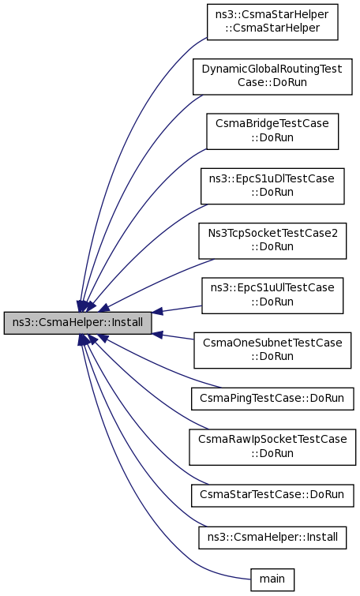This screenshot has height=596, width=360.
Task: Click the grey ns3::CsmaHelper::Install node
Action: tap(77, 323)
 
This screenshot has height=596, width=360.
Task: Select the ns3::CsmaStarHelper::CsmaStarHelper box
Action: tap(272, 22)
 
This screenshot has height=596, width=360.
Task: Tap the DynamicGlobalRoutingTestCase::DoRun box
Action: tap(272, 77)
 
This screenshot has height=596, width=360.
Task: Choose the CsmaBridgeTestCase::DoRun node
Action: tap(272, 132)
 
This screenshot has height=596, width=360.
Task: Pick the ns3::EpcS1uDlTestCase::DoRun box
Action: tap(272, 186)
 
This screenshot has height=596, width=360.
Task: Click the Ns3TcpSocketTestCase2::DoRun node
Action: tap(272, 241)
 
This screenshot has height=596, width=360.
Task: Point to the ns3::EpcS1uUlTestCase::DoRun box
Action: tap(272, 296)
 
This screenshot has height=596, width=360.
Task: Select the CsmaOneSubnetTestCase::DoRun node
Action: tap(272, 350)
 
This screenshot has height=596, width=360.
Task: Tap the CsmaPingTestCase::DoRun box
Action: tap(272, 399)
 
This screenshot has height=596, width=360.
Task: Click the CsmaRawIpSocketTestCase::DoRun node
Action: tap(272, 447)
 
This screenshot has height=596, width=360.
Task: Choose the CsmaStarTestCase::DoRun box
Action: tap(272, 495)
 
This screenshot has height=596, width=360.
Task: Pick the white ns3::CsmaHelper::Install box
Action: tap(272, 538)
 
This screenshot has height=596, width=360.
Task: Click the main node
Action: tap(272, 579)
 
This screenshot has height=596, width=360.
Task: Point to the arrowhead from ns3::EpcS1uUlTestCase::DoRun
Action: tap(157, 312)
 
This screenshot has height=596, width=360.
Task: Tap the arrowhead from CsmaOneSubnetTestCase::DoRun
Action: tap(157, 335)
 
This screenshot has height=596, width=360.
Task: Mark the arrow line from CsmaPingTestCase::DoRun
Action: tap(156, 364)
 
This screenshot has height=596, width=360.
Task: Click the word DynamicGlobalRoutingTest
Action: tap(272, 69)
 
